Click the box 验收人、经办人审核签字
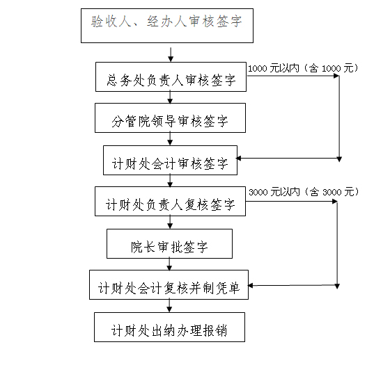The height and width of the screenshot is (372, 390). click(x=167, y=26)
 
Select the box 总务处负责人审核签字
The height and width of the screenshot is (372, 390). click(x=171, y=76)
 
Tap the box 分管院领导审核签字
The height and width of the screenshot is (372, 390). click(x=170, y=118)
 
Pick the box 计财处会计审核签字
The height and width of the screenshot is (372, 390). click(x=170, y=161)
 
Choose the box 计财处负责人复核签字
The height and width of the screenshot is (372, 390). click(x=170, y=202)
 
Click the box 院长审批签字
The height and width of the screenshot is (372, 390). click(x=169, y=243)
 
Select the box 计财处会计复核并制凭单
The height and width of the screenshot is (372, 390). click(x=169, y=284)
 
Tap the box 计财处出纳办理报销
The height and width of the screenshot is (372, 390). click(x=169, y=327)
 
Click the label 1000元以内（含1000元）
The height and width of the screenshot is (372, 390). click(x=303, y=68)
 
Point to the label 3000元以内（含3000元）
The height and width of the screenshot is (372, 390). click(x=304, y=192)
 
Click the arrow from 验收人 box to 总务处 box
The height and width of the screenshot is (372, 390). click(x=171, y=55)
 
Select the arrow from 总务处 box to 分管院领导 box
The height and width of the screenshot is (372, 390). click(x=170, y=97)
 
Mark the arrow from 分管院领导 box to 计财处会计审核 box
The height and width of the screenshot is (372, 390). click(x=170, y=139)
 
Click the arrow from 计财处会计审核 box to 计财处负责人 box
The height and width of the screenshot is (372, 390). click(x=170, y=181)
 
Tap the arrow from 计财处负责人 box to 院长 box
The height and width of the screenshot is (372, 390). click(x=170, y=223)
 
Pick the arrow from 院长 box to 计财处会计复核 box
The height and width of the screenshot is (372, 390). click(x=169, y=264)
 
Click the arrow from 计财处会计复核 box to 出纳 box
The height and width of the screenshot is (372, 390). click(x=169, y=306)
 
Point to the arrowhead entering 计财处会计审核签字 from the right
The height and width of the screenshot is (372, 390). click(x=238, y=159)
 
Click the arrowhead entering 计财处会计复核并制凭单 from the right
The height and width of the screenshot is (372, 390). click(x=250, y=286)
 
